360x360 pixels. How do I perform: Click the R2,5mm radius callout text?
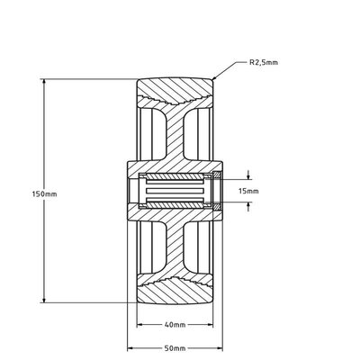pos(264,63)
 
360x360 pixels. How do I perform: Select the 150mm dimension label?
pos(44,193)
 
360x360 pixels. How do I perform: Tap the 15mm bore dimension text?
pos(248,191)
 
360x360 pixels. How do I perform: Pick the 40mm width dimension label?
pos(175,325)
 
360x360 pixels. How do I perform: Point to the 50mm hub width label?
pos(175,348)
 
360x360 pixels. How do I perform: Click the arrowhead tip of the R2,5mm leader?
pos(212,79)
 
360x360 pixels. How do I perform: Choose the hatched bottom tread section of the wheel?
pos(175,292)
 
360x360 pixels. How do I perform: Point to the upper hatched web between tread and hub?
pos(175,132)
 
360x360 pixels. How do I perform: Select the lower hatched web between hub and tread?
pos(175,249)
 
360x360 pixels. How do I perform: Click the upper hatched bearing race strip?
pos(175,176)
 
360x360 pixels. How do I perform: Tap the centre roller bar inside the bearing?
pos(175,191)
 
